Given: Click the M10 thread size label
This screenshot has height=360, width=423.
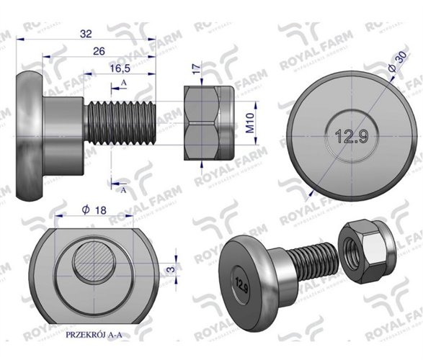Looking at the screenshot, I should click(249, 125).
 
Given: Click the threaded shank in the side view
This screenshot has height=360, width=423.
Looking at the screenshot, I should click(119, 125).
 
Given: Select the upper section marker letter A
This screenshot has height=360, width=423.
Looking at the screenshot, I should click(124, 84).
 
